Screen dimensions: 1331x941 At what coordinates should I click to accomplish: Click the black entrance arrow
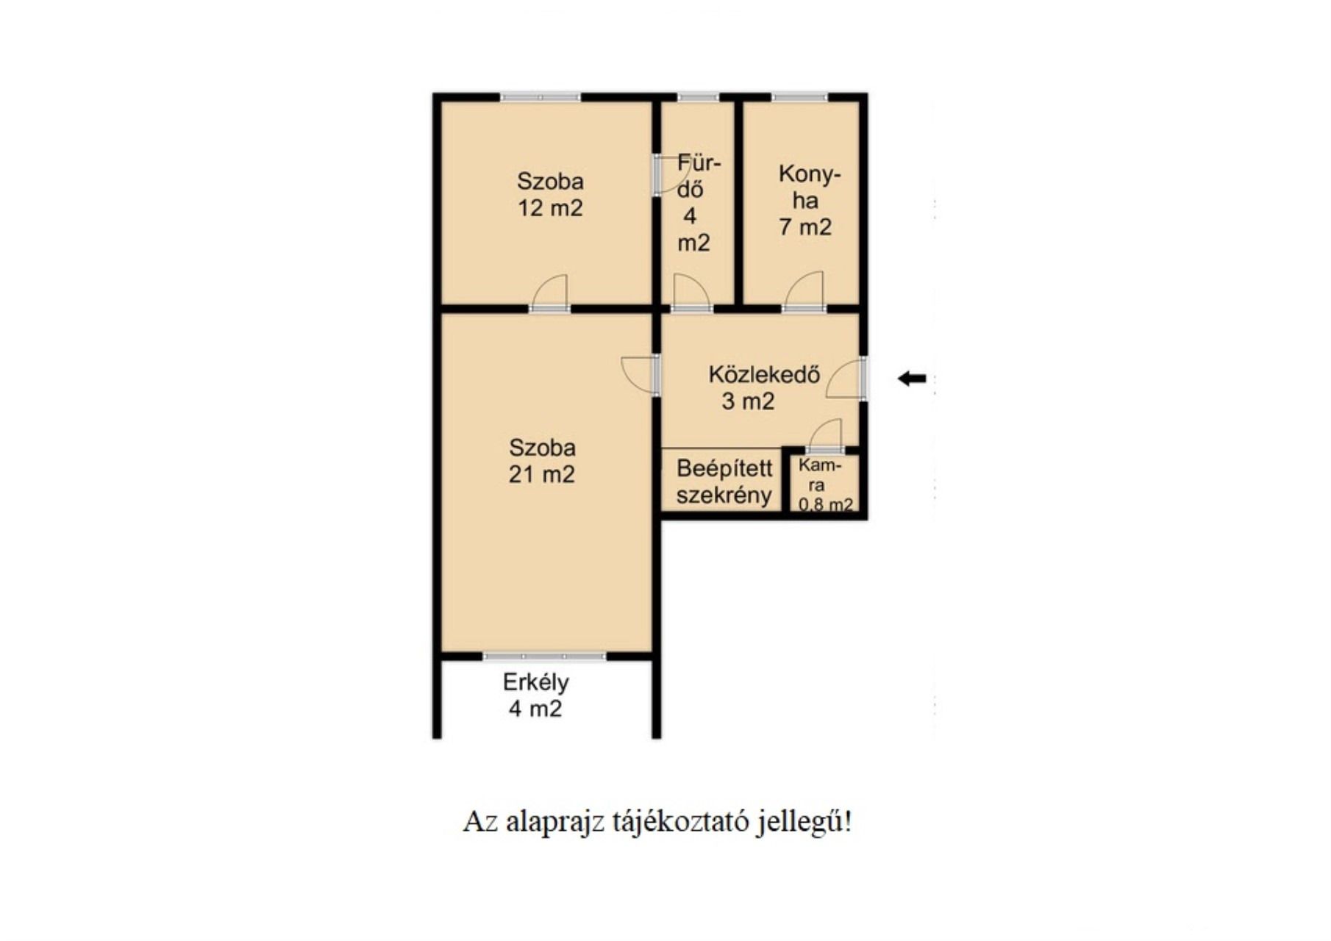912,379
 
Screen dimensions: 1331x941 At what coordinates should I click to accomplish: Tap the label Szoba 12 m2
550,195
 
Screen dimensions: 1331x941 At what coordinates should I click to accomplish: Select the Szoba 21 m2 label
542,461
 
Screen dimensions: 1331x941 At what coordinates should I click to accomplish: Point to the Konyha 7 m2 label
807,201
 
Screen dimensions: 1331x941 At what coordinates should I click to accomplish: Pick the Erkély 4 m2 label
536,695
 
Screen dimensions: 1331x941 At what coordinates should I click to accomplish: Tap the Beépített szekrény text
724,482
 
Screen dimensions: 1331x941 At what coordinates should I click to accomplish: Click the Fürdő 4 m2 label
696,202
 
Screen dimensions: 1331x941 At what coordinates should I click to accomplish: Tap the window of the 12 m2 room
540,97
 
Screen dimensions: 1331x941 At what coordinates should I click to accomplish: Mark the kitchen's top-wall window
799,97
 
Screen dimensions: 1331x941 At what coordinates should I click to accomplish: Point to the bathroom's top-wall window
698,97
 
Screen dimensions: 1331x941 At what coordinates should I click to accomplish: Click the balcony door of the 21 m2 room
545,656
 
